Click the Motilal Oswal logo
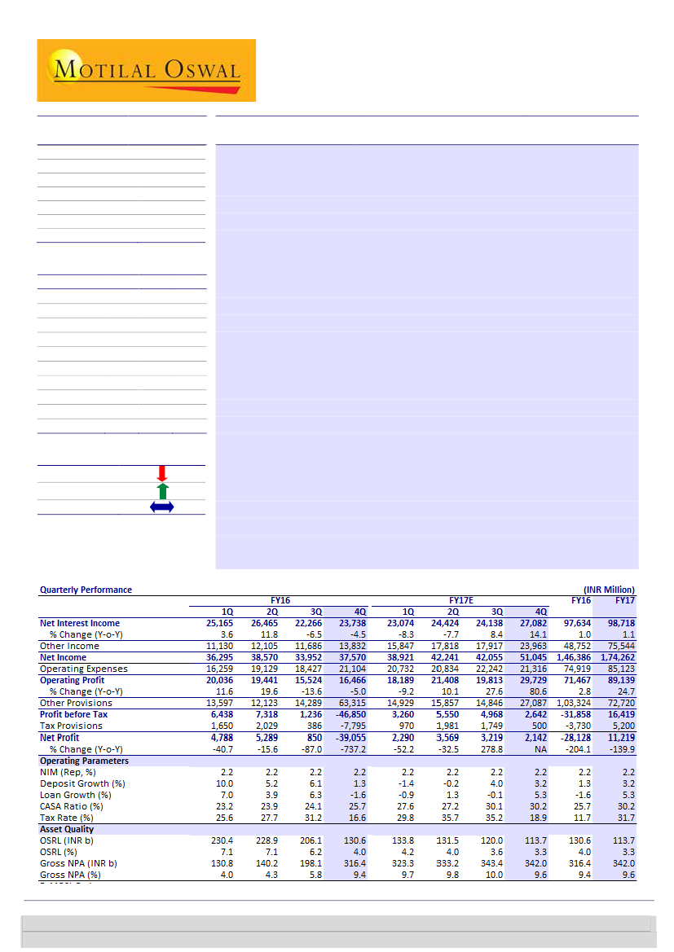coord(147,70)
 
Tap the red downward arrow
coord(161,473)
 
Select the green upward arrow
coord(161,490)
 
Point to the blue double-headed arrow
coord(161,507)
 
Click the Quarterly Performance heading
coord(86,590)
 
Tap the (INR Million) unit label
coord(609,590)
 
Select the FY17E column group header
coord(462,599)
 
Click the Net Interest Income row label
coord(80,623)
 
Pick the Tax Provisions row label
coord(71,726)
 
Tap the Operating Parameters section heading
coord(84,761)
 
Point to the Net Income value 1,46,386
coord(569,657)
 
